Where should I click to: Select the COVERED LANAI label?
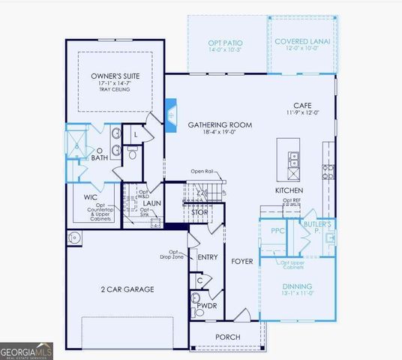[302, 41]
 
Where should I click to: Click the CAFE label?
[302, 106]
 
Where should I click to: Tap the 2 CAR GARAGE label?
[127, 289]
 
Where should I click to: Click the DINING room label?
[297, 286]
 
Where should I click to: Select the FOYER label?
[241, 262]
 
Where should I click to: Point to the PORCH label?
[228, 337]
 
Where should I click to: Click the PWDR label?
[207, 307]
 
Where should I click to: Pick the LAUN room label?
[152, 202]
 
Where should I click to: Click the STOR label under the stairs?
[199, 212]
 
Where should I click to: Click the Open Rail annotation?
[203, 171]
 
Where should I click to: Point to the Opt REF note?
[292, 200]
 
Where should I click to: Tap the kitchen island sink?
[292, 159]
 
